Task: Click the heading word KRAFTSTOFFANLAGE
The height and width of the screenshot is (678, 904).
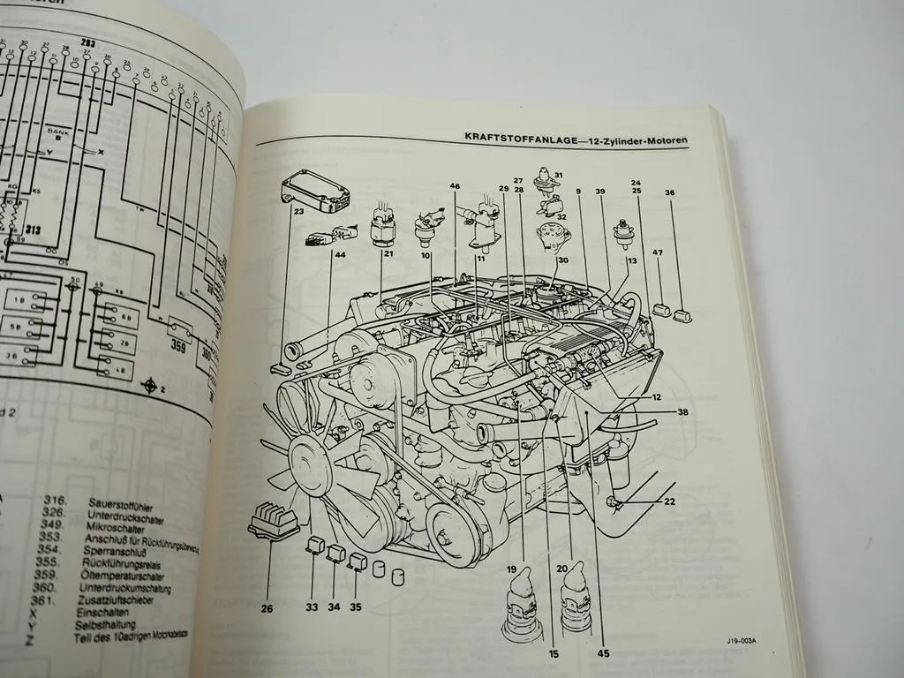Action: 516,138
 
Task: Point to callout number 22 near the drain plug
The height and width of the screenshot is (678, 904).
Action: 669,501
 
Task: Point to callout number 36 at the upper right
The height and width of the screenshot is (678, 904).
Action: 669,192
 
